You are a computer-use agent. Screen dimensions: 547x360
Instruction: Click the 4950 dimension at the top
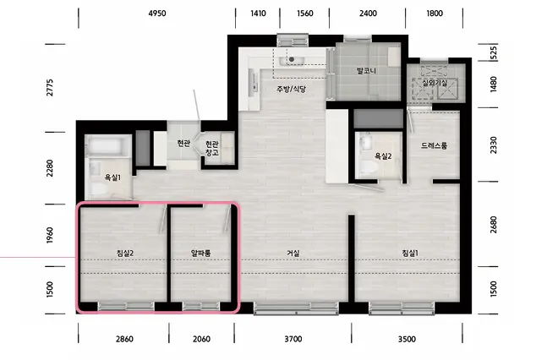[x=157, y=14]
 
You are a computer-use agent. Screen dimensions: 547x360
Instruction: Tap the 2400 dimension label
[x=368, y=14]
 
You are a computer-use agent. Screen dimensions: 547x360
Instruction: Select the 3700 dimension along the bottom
[x=293, y=339]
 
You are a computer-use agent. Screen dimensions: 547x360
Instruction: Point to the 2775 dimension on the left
[x=50, y=88]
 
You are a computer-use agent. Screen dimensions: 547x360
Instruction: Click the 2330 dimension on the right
[x=493, y=145]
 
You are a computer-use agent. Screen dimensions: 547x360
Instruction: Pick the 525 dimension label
[x=493, y=53]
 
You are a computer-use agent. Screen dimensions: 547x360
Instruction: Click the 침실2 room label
[x=125, y=253]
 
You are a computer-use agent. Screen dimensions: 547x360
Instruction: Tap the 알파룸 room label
[x=201, y=253]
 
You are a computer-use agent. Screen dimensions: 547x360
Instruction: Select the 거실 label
[x=293, y=253]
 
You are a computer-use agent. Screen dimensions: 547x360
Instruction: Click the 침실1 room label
[x=410, y=253]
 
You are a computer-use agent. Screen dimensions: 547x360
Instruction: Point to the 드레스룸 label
[x=434, y=145]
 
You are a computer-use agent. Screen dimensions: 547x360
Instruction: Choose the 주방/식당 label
[x=292, y=90]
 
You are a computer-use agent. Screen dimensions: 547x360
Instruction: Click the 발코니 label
[x=366, y=71]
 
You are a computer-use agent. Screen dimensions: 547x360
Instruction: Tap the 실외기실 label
[x=435, y=83]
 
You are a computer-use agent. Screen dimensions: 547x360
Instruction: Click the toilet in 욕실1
[x=100, y=189]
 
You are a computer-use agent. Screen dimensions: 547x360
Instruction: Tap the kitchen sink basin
[x=292, y=61]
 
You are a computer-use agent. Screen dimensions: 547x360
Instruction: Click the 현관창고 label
[x=211, y=148]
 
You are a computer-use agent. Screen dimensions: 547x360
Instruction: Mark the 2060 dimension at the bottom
[x=201, y=339]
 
